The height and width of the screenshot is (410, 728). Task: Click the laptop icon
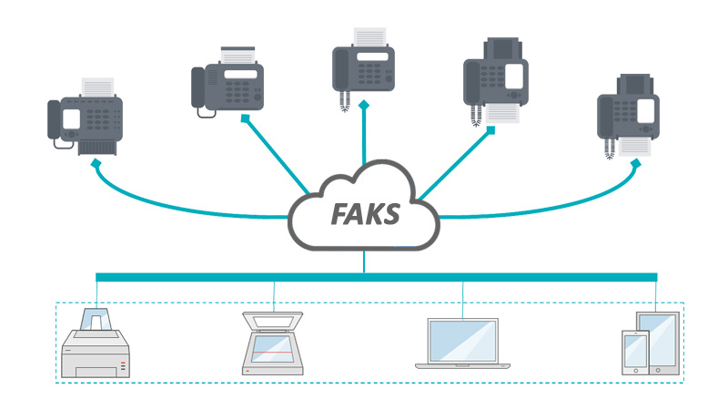coord(462,343)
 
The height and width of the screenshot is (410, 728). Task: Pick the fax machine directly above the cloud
coord(363,59)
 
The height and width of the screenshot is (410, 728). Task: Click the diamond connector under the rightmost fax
coord(636,161)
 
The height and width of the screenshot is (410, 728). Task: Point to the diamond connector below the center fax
coord(363,107)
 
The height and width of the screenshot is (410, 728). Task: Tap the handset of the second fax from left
coord(198,87)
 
